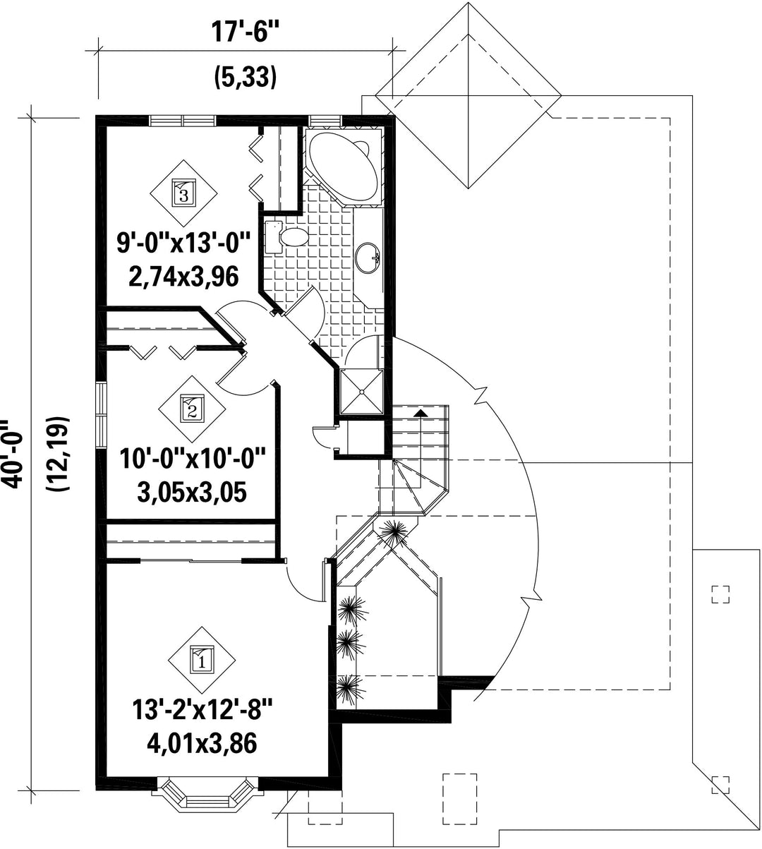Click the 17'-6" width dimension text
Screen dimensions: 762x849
[245, 32]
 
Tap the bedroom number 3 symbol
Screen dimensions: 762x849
[184, 193]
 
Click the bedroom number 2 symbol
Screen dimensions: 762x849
[192, 409]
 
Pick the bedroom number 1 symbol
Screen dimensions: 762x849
[202, 660]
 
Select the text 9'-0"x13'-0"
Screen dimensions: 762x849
[183, 243]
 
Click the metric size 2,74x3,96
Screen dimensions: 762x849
[183, 277]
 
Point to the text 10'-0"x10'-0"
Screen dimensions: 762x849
[193, 459]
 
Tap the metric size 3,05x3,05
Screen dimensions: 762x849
[193, 493]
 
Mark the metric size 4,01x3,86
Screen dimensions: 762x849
[202, 745]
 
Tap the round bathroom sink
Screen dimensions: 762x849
[368, 258]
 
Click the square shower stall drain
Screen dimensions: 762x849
[361, 392]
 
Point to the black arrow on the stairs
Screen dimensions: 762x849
[421, 413]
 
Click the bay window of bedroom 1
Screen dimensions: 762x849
[207, 792]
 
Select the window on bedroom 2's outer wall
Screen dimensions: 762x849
[101, 415]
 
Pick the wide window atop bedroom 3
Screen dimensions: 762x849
[183, 121]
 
